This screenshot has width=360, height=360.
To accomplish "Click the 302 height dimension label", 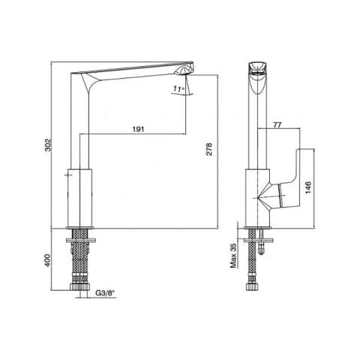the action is pyautogui.click(x=48, y=145).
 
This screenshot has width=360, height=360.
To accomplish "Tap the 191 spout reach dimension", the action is pyautogui.click(x=138, y=129).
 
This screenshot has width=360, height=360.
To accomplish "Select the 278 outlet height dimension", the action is pyautogui.click(x=209, y=149).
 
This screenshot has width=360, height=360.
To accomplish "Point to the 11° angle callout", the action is pyautogui.click(x=178, y=88).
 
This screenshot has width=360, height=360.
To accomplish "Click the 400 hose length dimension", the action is pyautogui.click(x=48, y=260).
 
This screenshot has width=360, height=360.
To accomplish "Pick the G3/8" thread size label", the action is pyautogui.click(x=105, y=292).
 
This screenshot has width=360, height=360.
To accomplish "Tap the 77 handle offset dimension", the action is pyautogui.click(x=277, y=125).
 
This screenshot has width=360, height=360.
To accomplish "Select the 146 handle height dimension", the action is pyautogui.click(x=307, y=187).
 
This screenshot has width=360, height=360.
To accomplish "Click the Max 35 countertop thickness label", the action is pyautogui.click(x=233, y=256).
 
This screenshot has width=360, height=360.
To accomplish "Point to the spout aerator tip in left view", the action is pyautogui.click(x=184, y=70).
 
